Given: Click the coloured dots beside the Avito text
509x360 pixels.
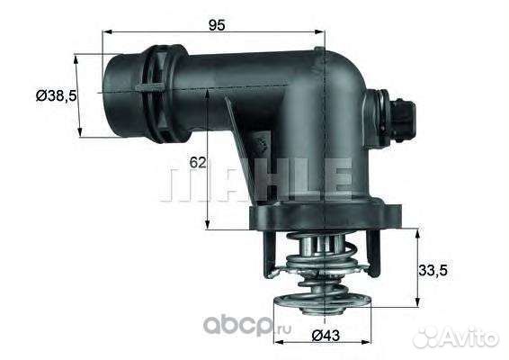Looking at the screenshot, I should [x=427, y=336].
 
